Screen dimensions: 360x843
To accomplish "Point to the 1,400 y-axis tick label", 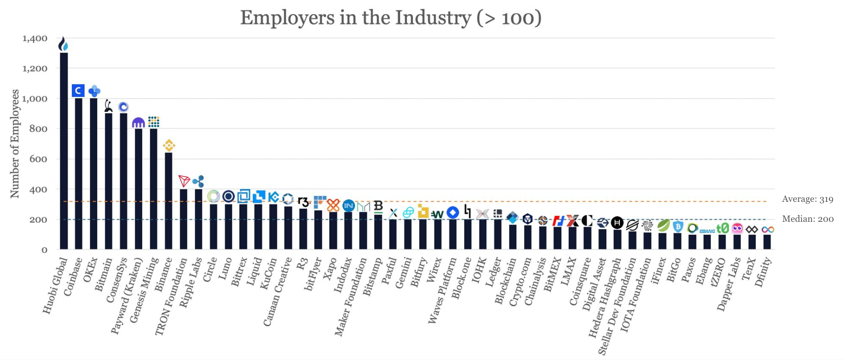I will [x=35, y=38].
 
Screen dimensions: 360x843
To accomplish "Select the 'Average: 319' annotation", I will [x=807, y=199].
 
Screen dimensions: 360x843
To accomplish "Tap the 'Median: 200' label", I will [x=808, y=219].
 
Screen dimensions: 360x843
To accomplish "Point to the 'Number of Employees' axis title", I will [x=15, y=143].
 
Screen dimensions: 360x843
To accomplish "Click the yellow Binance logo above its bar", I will [x=169, y=145].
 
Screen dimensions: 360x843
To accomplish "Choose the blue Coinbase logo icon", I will [x=78, y=90].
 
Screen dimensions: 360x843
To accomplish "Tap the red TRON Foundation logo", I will [x=184, y=181].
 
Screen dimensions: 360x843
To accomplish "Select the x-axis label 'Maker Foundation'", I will [x=351, y=298].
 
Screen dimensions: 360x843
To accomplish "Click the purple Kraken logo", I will [x=138, y=122].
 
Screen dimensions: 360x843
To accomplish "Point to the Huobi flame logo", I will [x=63, y=44].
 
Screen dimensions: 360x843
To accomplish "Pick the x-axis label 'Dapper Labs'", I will [x=729, y=285].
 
